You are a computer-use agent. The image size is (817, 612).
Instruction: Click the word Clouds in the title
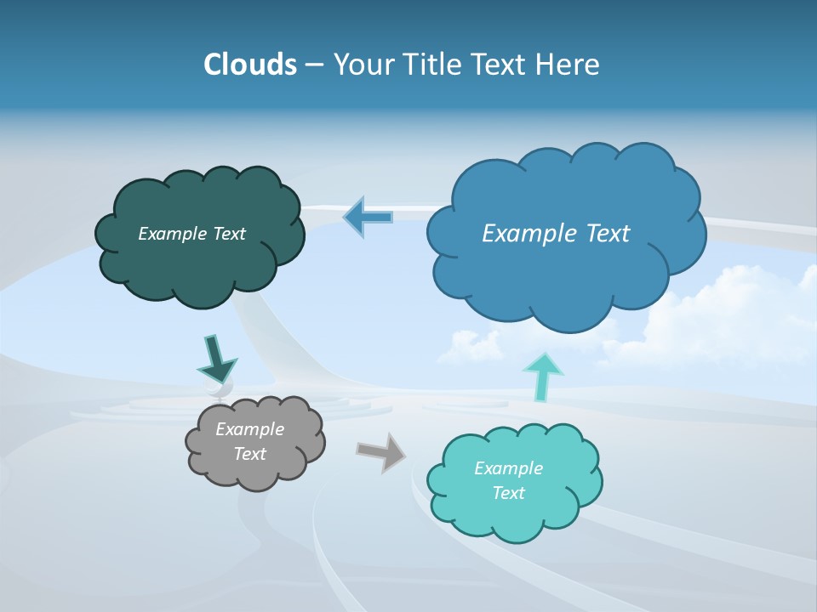(250, 64)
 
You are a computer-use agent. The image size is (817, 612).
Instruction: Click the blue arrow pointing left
(368, 217)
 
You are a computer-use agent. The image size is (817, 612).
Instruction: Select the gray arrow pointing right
(380, 451)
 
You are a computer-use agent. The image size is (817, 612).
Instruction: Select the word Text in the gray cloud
(249, 454)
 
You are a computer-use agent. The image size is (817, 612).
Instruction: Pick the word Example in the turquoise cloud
(508, 468)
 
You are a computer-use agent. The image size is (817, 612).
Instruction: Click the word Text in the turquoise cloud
(508, 493)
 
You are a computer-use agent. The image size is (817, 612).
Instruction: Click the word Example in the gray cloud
(249, 429)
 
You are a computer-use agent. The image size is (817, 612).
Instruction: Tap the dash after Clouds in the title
(315, 65)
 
